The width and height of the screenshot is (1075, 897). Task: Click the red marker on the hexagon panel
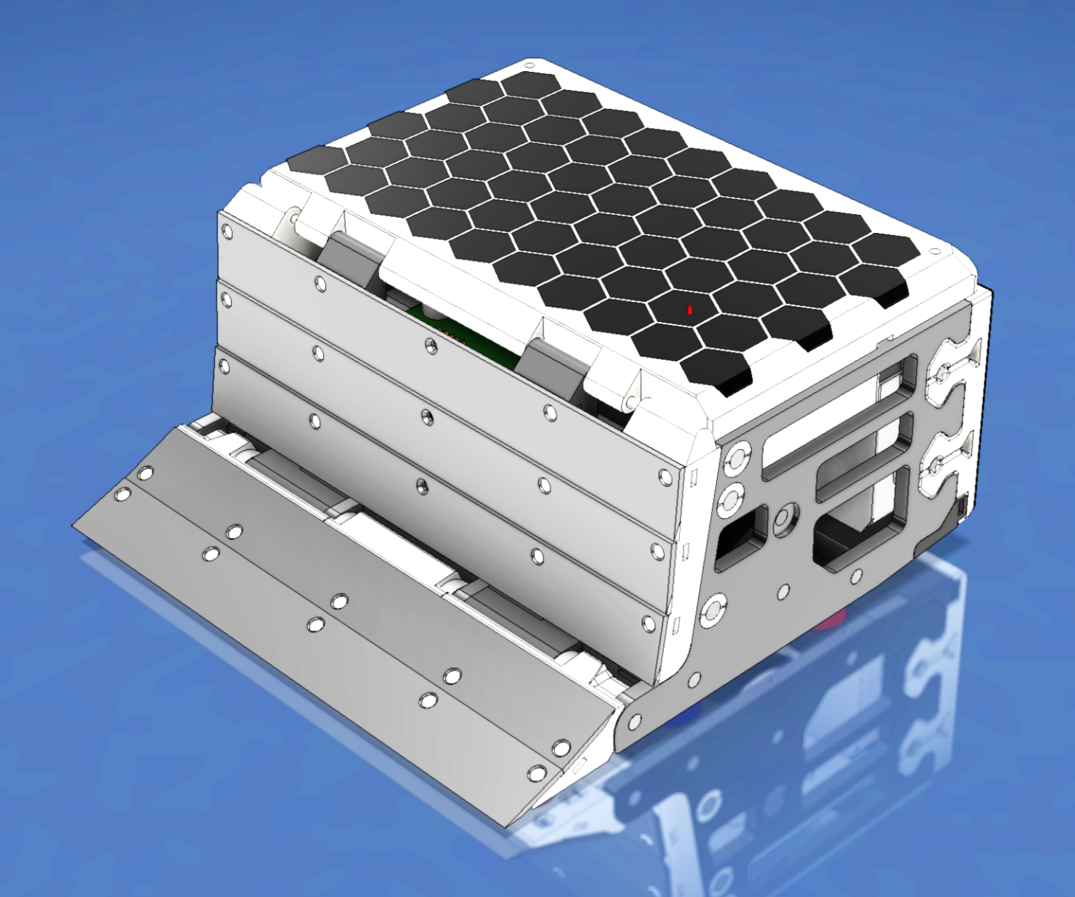[690, 310]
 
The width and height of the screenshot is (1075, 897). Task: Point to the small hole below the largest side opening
[856, 576]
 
